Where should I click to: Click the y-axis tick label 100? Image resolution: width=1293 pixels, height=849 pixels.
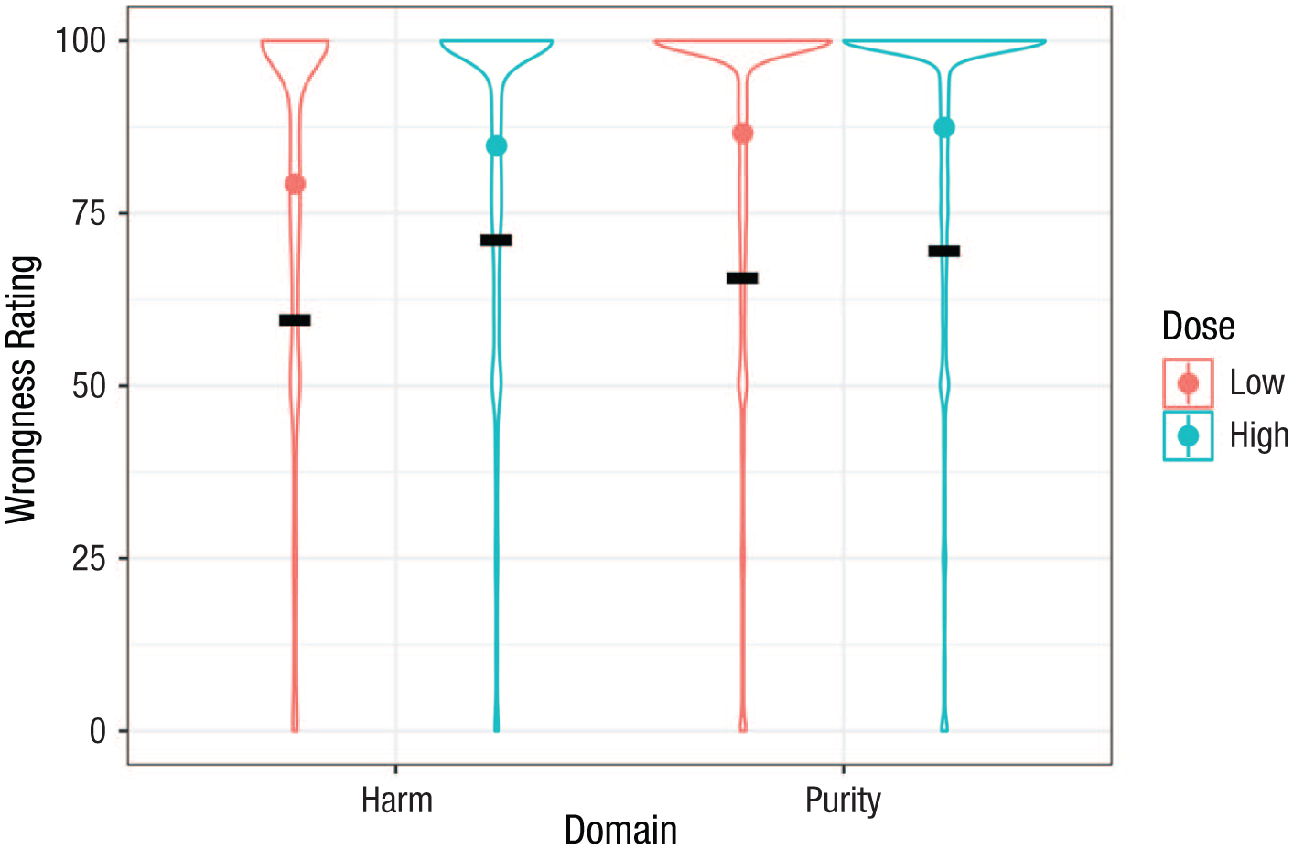click(81, 41)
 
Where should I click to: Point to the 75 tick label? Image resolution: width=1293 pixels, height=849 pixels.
click(89, 213)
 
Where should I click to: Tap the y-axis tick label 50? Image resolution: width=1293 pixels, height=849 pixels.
click(89, 386)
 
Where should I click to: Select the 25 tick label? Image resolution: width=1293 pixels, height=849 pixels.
click(89, 558)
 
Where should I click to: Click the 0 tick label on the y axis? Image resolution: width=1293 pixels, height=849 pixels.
click(98, 731)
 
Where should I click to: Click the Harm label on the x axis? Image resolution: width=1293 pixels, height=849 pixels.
click(396, 801)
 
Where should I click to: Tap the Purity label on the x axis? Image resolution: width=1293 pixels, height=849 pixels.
click(843, 801)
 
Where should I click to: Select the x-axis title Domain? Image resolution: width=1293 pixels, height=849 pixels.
click(620, 831)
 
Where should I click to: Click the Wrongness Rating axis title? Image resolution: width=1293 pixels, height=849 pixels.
click(22, 390)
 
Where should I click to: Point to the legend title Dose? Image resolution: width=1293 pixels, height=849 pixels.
click(1198, 327)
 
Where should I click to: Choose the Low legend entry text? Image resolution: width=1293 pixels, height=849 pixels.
click(1256, 383)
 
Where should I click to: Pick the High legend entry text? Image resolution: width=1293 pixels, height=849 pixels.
click(1258, 435)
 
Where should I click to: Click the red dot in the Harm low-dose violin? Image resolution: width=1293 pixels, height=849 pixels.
click(295, 184)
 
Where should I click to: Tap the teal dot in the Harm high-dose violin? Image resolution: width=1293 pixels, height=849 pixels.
click(496, 146)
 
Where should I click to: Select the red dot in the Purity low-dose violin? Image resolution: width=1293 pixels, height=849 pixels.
click(742, 134)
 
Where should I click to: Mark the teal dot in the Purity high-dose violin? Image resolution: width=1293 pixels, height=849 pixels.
click(944, 127)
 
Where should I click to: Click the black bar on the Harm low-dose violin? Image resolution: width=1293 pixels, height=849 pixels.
click(295, 320)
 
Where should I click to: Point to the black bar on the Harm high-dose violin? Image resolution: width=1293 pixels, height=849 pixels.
click(496, 241)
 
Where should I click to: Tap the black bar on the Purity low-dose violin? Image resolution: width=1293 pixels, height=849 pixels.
click(742, 278)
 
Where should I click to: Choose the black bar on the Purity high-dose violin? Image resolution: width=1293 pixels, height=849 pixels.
click(944, 252)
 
